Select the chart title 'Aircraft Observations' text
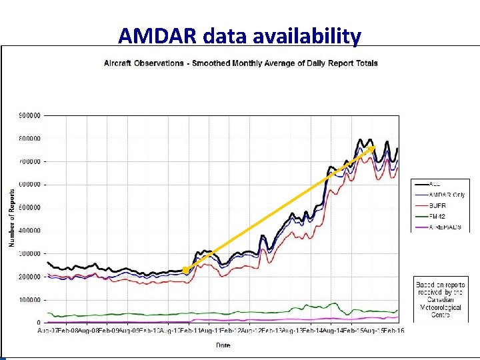coord(143,63)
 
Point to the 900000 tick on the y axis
coord(29,115)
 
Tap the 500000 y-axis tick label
coord(29,207)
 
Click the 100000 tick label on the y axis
coord(29,300)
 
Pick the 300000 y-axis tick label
coord(29,253)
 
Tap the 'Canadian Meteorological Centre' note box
coord(440,299)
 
